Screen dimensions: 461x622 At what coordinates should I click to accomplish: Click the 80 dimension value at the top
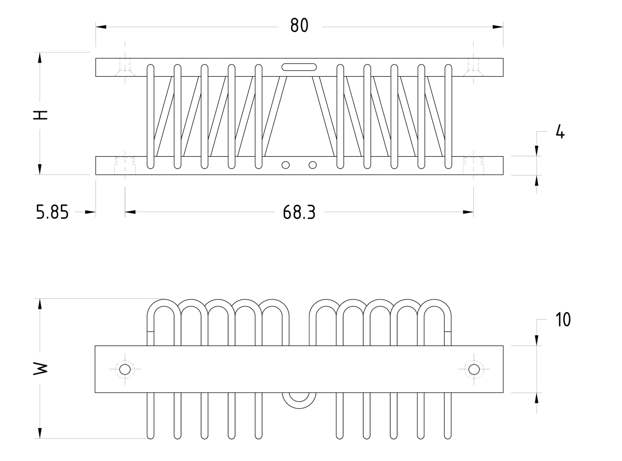click(299, 25)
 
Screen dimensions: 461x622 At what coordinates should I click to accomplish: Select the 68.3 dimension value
click(299, 212)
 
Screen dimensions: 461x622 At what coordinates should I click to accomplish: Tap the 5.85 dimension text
click(52, 212)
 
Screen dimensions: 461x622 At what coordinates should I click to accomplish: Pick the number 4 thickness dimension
click(560, 132)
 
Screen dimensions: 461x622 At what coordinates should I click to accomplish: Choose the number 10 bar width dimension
click(563, 320)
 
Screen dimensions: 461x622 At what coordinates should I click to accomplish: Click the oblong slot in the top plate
click(299, 67)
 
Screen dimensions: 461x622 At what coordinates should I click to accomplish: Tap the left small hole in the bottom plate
click(286, 165)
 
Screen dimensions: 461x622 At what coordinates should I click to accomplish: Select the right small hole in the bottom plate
click(313, 165)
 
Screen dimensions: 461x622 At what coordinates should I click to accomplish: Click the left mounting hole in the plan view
click(125, 369)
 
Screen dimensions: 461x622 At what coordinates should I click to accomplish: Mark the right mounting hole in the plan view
click(474, 369)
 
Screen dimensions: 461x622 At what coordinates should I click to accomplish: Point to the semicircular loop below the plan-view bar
click(299, 400)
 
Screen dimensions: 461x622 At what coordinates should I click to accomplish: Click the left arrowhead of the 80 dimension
click(101, 27)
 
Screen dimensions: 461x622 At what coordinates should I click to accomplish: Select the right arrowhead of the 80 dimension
click(498, 27)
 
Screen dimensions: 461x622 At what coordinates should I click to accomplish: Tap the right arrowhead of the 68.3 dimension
click(468, 212)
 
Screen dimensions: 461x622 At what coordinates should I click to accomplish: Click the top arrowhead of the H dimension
click(40, 58)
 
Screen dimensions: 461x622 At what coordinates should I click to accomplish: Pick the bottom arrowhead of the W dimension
click(40, 433)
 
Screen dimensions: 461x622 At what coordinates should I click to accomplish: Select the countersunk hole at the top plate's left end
click(125, 68)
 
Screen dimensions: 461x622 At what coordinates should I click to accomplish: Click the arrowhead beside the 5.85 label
click(90, 212)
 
